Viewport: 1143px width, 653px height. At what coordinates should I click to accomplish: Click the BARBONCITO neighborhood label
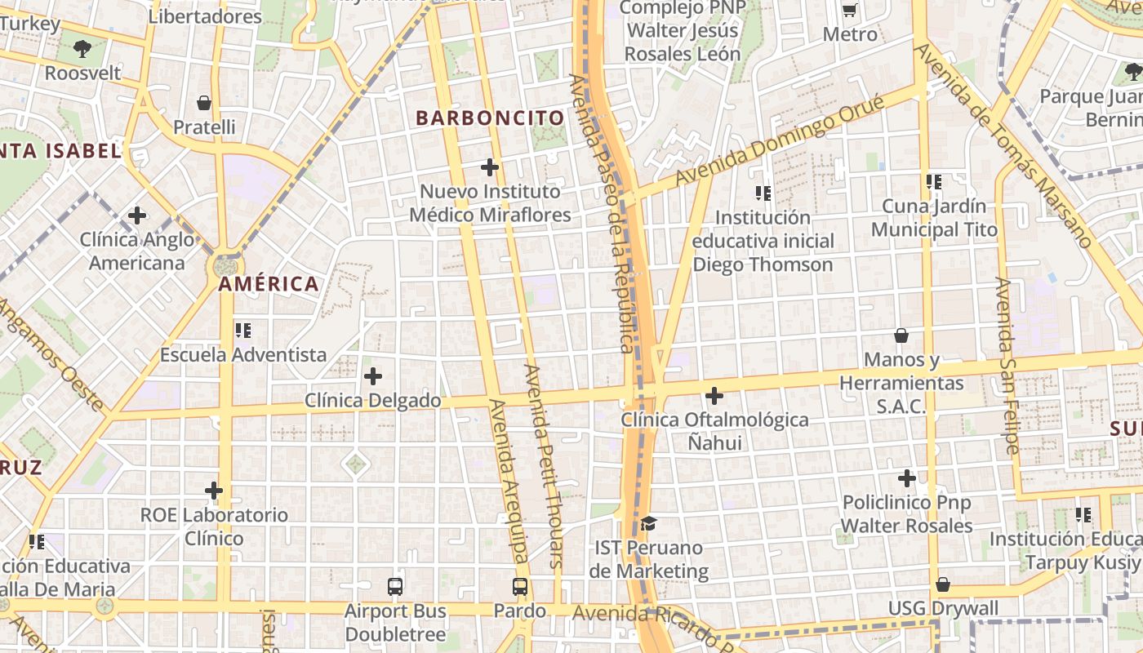tap(490, 118)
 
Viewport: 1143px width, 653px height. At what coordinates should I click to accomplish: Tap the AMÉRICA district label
tap(269, 285)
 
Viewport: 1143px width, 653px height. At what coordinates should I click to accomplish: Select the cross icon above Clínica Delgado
tap(373, 376)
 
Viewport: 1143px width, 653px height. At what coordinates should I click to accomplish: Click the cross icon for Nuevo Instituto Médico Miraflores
tap(490, 167)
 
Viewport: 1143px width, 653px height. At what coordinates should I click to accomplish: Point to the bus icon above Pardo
tap(520, 586)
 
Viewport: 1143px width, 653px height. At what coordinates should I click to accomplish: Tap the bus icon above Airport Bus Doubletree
tap(395, 586)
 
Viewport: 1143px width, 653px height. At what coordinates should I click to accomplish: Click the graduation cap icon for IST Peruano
tap(648, 522)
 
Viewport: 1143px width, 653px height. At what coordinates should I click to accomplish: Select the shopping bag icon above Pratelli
tap(204, 103)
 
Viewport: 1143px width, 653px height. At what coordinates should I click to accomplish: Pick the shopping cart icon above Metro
tap(850, 11)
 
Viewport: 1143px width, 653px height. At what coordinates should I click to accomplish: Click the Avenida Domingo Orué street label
tap(780, 140)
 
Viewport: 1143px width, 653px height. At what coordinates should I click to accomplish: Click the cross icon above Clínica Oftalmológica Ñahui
tap(714, 396)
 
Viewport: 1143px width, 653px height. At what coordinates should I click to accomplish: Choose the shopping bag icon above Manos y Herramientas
tap(901, 335)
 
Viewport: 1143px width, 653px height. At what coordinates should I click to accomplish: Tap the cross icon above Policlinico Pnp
tap(907, 478)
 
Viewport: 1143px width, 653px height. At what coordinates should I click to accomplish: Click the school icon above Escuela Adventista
tap(243, 331)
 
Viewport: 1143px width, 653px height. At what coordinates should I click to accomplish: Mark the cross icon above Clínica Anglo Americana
tap(137, 215)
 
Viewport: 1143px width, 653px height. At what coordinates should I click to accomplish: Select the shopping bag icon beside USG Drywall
tap(943, 584)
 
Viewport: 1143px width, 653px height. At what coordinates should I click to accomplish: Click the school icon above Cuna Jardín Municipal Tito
tap(934, 182)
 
